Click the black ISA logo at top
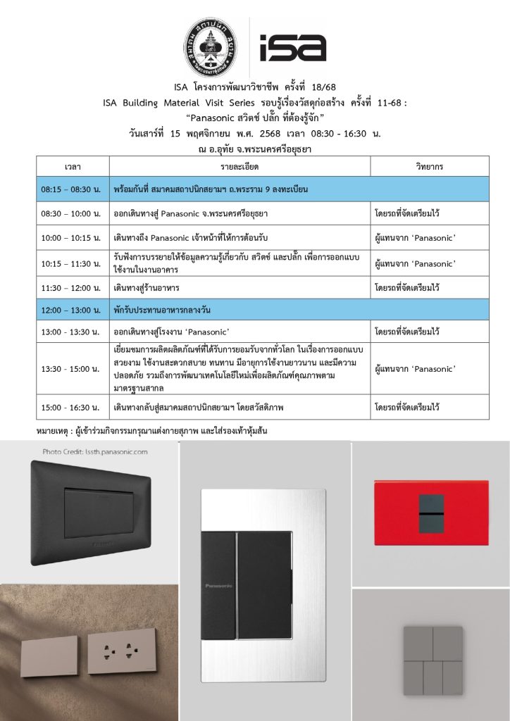pyautogui.click(x=292, y=47)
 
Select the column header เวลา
pyautogui.click(x=73, y=167)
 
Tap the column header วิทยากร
pyautogui.click(x=430, y=167)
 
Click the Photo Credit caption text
pyautogui.click(x=94, y=452)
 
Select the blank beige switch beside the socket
pyautogui.click(x=50, y=656)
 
